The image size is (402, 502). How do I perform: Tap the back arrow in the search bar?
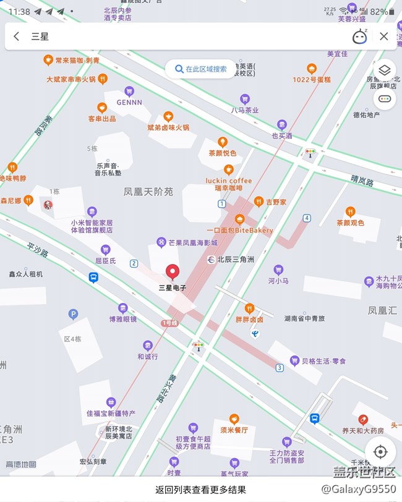tap(17, 36)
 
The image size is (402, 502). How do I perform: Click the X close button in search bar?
tap(383, 36)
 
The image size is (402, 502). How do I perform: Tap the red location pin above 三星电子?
tap(173, 271)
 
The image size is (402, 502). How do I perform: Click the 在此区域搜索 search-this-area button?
tap(200, 69)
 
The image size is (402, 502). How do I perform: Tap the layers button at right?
tap(384, 70)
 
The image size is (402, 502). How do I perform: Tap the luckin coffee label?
tap(229, 181)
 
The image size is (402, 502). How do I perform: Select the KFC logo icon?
tap(48, 205)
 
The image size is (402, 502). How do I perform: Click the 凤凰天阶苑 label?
tap(149, 192)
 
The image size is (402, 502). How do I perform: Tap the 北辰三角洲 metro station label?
tap(235, 260)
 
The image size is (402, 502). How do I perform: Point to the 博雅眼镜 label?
tap(123, 319)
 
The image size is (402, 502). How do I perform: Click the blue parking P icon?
tap(74, 314)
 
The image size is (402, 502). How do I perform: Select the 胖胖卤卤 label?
tap(249, 319)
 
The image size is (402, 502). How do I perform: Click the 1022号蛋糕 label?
tap(312, 79)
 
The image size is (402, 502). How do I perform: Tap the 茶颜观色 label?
tap(350, 222)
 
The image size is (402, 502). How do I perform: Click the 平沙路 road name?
tap(38, 250)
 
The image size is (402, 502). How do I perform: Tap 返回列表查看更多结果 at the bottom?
tap(200, 490)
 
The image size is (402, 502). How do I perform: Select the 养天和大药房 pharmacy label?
tap(364, 430)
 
